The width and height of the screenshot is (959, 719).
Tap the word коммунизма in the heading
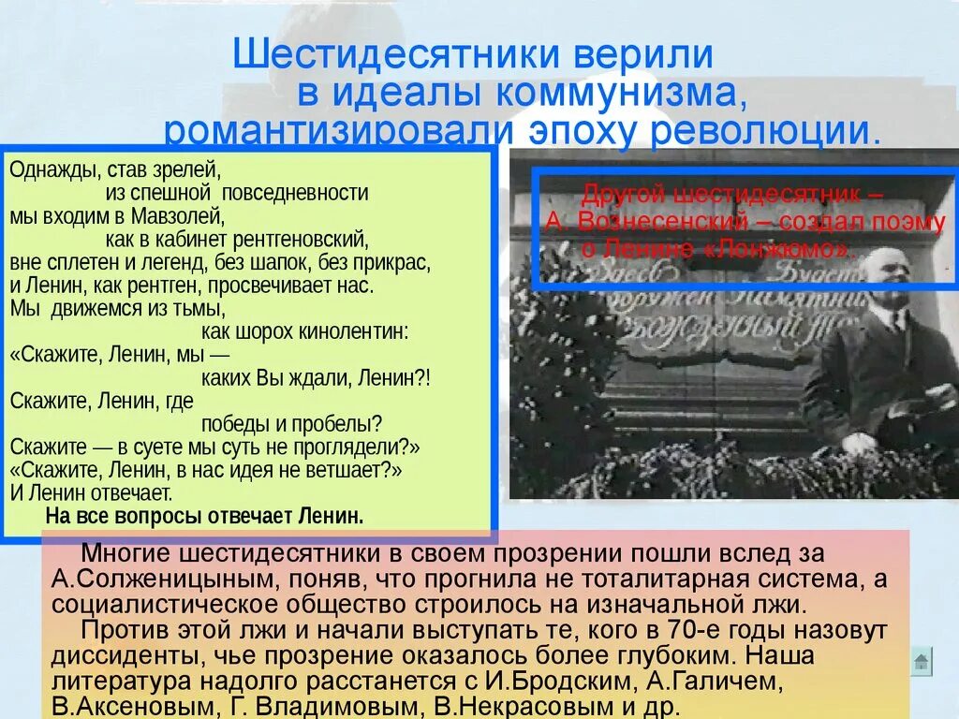click(x=617, y=94)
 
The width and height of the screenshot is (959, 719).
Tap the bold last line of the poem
click(x=204, y=516)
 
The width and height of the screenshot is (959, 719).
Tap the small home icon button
click(x=922, y=662)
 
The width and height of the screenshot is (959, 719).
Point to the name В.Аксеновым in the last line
click(x=130, y=704)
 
